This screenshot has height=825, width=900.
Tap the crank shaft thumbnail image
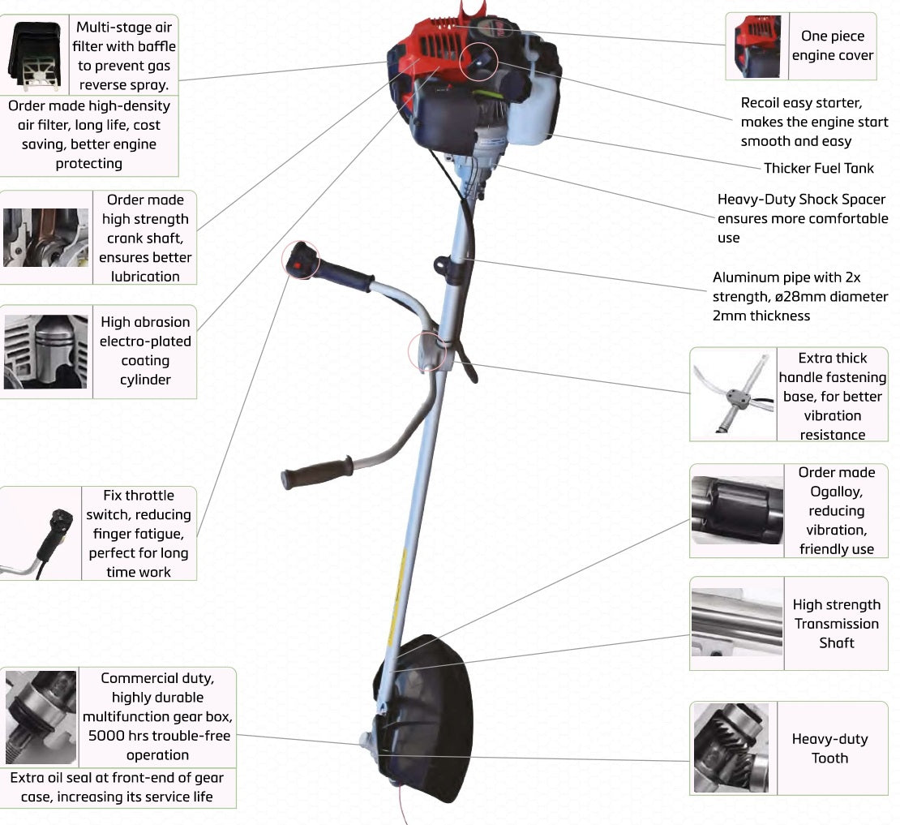(x=45, y=237)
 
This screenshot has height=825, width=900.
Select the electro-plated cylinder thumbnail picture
(x=45, y=351)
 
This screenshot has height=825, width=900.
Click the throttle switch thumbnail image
(x=41, y=533)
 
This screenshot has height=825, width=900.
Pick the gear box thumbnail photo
(x=41, y=717)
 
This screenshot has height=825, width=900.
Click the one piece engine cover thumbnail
(x=757, y=46)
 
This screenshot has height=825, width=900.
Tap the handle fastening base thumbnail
(x=733, y=395)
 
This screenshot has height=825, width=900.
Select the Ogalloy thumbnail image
(x=737, y=510)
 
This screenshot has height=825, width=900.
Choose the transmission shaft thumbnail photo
(x=737, y=623)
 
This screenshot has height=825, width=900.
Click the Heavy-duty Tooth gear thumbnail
(x=733, y=747)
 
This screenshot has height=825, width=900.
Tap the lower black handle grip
(x=316, y=473)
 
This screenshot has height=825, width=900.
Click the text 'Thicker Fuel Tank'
(x=819, y=168)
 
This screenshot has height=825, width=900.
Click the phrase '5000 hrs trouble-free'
(x=159, y=736)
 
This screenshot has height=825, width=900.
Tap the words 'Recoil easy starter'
(x=800, y=103)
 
